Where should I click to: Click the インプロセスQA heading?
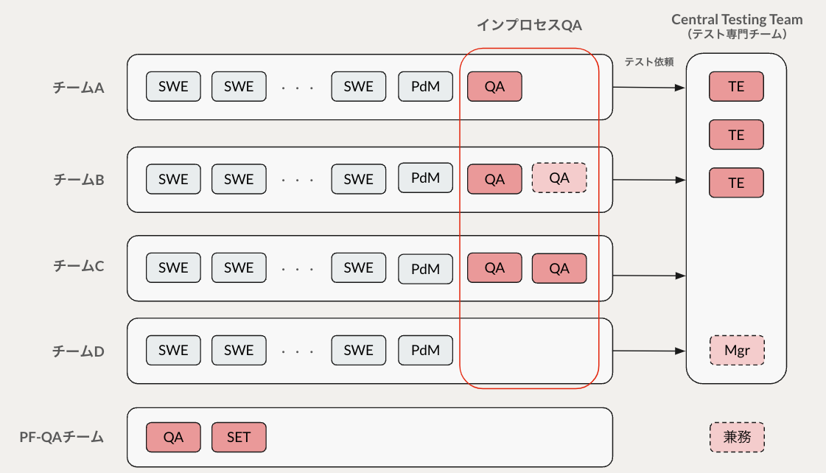click(529, 25)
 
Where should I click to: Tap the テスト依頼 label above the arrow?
click(648, 62)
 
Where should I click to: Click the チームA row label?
click(78, 87)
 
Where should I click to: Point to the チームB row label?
click(78, 179)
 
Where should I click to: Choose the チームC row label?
click(78, 266)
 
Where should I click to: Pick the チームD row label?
click(78, 351)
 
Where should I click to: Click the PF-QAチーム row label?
click(61, 437)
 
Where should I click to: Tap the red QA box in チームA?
click(494, 87)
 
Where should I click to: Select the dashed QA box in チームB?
click(559, 178)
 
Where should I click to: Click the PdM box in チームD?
click(425, 351)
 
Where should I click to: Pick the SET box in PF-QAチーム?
click(239, 437)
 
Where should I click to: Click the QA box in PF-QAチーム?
click(173, 437)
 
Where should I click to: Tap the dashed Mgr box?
click(737, 351)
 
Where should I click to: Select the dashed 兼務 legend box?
click(737, 437)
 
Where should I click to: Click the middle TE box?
click(736, 135)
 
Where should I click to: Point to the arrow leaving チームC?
click(648, 276)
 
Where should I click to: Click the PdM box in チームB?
click(425, 178)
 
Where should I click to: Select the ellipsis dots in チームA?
click(298, 88)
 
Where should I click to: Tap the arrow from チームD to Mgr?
click(648, 351)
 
